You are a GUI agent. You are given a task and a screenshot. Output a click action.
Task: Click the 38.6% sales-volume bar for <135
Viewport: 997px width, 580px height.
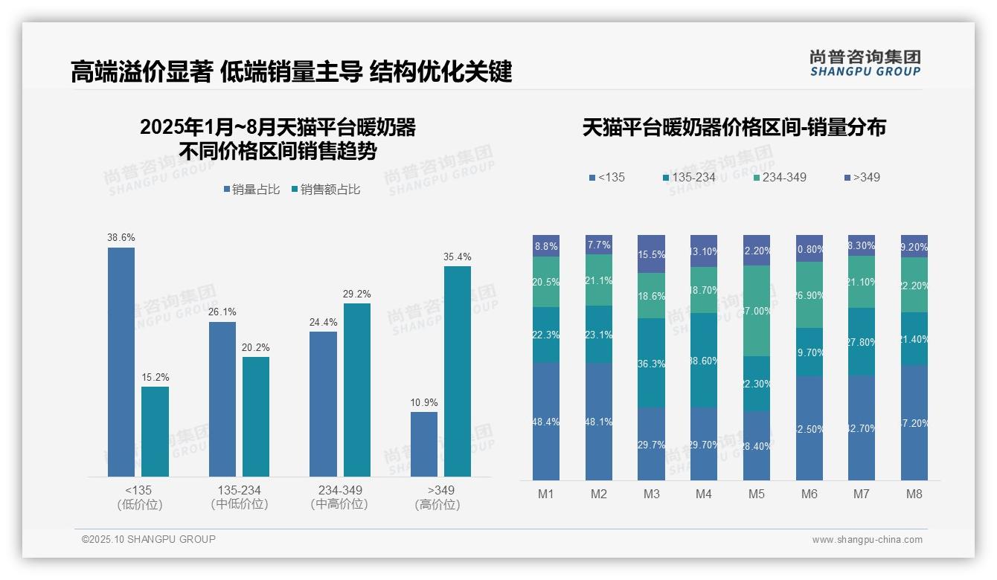121,361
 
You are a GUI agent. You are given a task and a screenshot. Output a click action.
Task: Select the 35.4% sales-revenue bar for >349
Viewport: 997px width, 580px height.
458,371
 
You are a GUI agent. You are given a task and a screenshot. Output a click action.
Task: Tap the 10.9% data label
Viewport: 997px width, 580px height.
424,402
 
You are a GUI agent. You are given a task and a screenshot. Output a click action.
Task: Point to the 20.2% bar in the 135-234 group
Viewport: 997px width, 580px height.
256,416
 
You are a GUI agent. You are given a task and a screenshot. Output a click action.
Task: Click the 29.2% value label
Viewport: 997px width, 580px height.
356,294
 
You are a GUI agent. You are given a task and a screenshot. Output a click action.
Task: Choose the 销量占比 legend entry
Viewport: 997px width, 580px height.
251,190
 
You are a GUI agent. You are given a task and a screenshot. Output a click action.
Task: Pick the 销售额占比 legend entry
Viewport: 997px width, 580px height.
327,190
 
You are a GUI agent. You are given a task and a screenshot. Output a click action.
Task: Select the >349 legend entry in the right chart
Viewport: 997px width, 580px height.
862,177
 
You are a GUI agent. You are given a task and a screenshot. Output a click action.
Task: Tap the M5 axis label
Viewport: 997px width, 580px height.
757,494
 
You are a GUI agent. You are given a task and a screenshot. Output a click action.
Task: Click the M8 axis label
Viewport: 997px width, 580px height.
914,494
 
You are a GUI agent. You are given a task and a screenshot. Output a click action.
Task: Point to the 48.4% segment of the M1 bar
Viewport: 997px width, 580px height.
546,421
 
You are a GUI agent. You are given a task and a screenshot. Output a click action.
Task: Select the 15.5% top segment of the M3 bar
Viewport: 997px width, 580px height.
651,254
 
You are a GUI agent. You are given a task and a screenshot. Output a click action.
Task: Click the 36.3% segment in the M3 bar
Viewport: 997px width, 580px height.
651,363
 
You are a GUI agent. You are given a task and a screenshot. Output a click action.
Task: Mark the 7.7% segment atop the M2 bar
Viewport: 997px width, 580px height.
599,245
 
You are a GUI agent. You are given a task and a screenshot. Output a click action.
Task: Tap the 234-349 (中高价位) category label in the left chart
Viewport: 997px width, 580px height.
340,497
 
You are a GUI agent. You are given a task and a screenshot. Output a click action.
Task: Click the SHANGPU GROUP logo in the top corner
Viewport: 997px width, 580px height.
865,62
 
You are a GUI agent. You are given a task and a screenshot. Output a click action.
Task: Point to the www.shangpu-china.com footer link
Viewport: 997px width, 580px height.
867,540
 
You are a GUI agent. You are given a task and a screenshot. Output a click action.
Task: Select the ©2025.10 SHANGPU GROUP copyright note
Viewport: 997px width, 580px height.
149,539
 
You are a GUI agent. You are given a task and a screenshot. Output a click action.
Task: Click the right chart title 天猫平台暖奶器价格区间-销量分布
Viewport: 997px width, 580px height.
734,127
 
